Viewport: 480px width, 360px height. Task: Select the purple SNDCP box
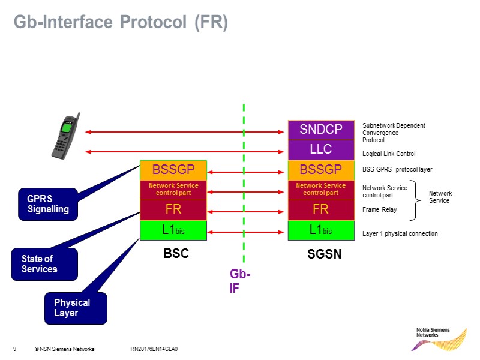pos(321,130)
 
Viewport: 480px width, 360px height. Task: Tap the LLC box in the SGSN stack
pos(321,149)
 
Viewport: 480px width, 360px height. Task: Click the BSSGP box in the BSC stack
pos(173,170)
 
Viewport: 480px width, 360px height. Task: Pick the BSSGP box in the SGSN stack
pos(321,170)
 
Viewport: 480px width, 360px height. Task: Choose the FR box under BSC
pos(173,210)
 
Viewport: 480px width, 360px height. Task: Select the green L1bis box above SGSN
pos(321,230)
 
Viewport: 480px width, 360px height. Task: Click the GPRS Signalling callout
pos(48,204)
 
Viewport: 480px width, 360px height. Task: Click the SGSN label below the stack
pos(325,254)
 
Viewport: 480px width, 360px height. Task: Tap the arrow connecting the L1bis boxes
pos(247,232)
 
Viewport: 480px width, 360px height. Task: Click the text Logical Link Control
pos(389,154)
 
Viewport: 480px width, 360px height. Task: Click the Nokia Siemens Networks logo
pos(441,339)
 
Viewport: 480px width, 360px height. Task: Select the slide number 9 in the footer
pos(14,349)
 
